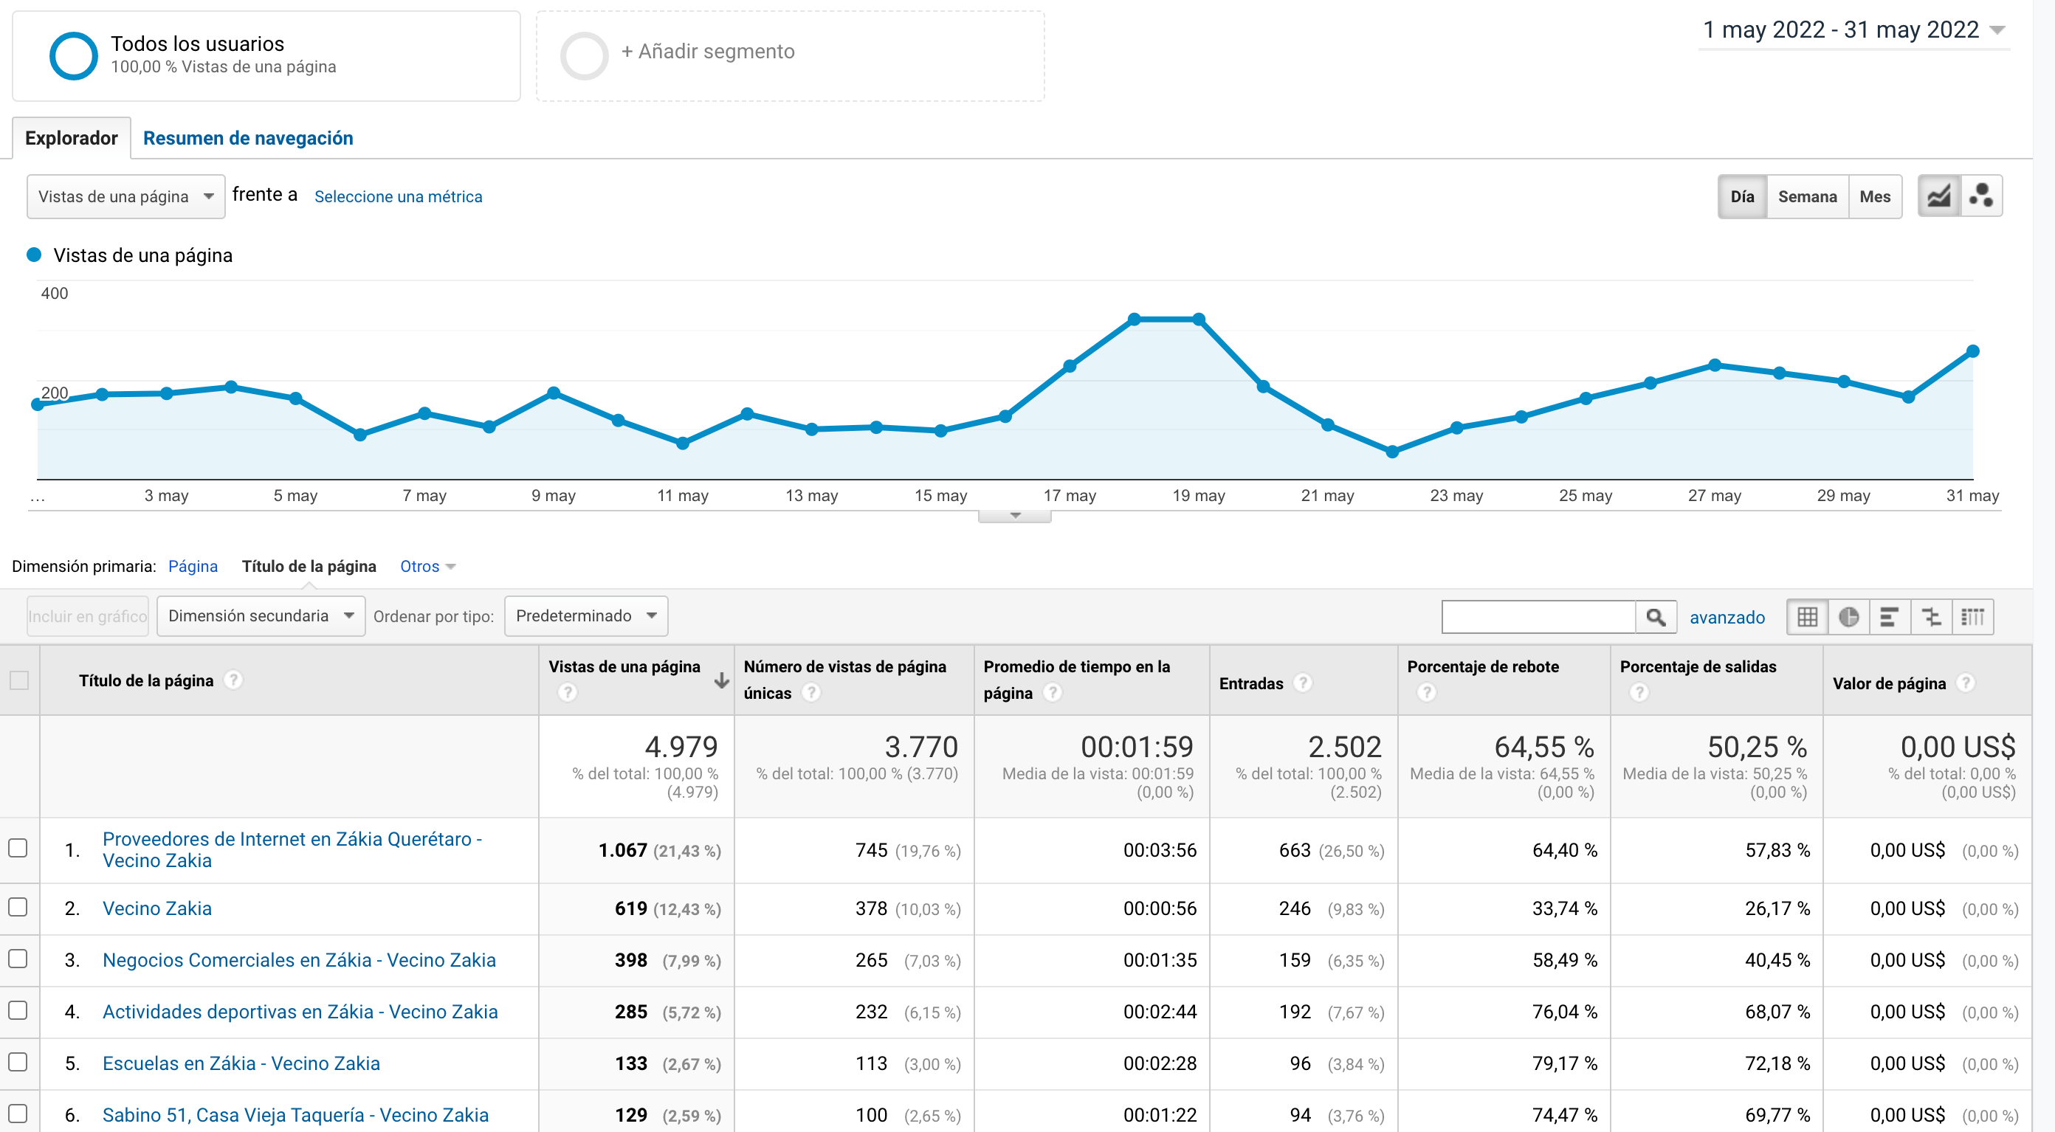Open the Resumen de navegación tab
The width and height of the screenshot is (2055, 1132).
coord(247,138)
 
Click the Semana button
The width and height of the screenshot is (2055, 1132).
coord(1807,196)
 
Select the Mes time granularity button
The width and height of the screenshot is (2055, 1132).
coord(1875,196)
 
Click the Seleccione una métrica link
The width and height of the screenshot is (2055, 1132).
coord(398,196)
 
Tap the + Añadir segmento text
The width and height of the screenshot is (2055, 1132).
coord(708,52)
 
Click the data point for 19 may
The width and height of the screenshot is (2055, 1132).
coord(1198,319)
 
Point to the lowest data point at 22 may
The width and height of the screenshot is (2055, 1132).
coord(1392,452)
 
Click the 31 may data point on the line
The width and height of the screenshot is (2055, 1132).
coord(1973,351)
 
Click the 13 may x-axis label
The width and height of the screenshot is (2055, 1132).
coord(811,495)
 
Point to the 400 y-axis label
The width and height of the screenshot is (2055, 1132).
coord(54,294)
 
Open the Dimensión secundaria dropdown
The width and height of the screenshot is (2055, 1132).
coord(261,616)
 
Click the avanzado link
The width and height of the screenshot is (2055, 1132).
coord(1727,618)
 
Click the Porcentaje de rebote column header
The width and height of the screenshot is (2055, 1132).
coord(1482,667)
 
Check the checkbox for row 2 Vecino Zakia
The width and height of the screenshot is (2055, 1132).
coord(18,908)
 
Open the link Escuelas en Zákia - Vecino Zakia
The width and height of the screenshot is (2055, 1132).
coord(241,1063)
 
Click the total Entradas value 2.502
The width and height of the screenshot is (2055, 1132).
coord(1344,748)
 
